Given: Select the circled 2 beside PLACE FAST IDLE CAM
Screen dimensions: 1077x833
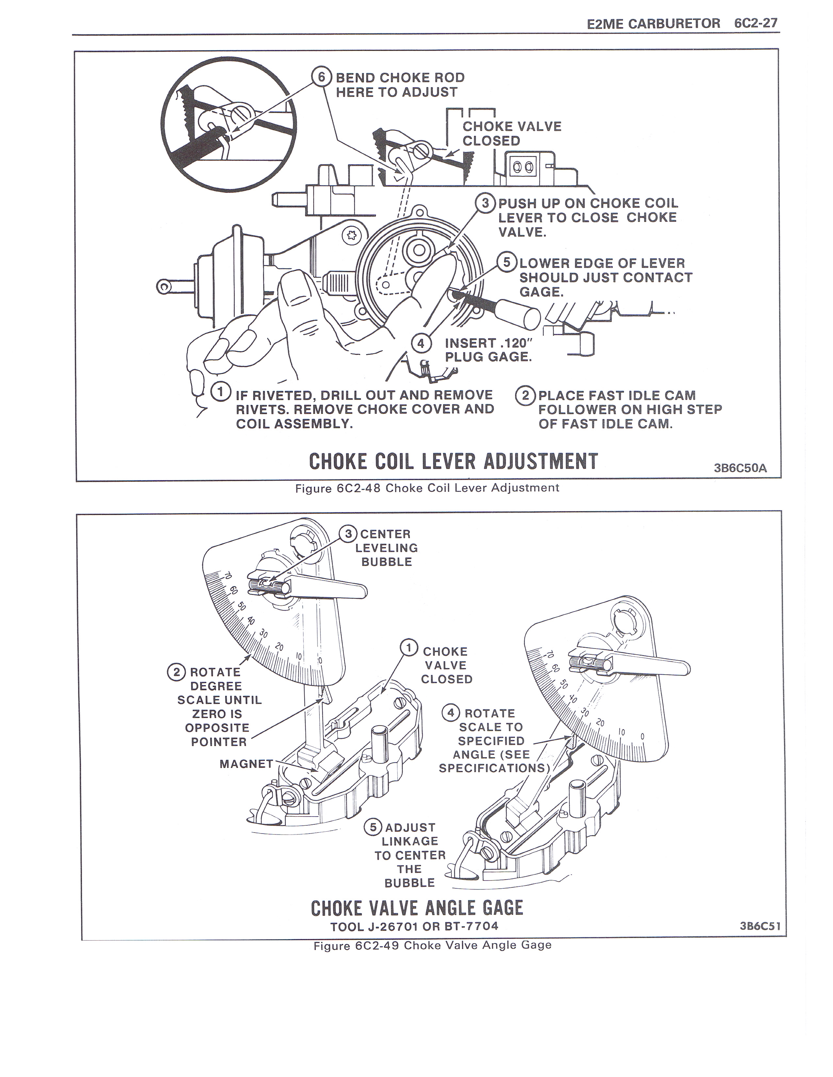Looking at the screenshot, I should coord(525,396).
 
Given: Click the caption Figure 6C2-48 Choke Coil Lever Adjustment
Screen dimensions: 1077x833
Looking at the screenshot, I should coord(427,488).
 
